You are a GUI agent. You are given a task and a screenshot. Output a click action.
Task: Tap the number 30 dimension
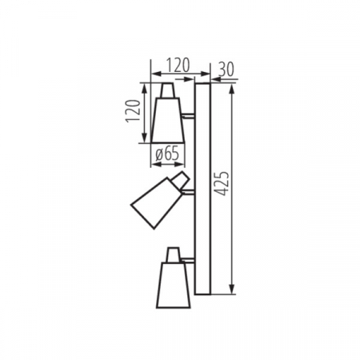[x=225, y=68]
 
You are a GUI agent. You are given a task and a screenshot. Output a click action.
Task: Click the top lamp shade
[x=166, y=119]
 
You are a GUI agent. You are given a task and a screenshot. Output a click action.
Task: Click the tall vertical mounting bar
[x=202, y=189]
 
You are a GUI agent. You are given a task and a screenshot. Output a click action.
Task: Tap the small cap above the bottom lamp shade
[x=172, y=255]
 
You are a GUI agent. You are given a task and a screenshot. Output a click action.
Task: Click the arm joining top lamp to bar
[x=189, y=117]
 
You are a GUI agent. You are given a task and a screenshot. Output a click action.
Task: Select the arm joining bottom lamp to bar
[x=190, y=262]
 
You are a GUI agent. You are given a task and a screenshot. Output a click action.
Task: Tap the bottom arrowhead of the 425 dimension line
[x=232, y=292]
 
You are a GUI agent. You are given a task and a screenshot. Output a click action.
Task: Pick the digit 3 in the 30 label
[x=220, y=68]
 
